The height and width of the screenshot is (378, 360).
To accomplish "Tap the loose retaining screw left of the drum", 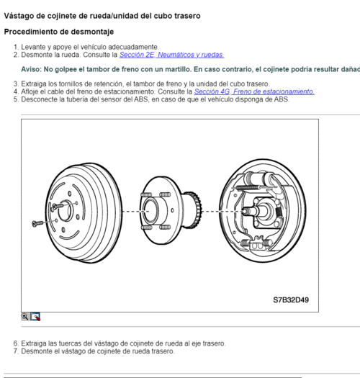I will (x=38, y=225).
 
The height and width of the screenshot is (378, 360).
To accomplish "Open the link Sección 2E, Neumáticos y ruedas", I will (x=171, y=55).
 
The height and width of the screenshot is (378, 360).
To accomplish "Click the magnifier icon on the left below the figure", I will (x=25, y=316).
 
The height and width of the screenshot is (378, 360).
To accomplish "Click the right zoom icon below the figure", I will (x=35, y=316).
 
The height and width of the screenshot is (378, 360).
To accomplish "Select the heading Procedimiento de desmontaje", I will (x=58, y=32).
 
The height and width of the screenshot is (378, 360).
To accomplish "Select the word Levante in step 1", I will (x=34, y=47).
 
